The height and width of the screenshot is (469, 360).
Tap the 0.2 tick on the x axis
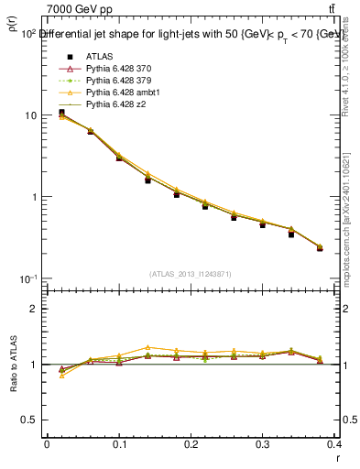(191, 445)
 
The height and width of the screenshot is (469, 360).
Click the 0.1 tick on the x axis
(119, 445)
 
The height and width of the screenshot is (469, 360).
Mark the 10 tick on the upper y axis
(31, 115)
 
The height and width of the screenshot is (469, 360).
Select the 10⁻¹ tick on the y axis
(27, 278)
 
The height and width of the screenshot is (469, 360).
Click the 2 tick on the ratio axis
(34, 309)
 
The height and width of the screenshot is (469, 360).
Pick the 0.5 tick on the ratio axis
(30, 420)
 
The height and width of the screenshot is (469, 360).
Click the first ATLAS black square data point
(61, 113)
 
